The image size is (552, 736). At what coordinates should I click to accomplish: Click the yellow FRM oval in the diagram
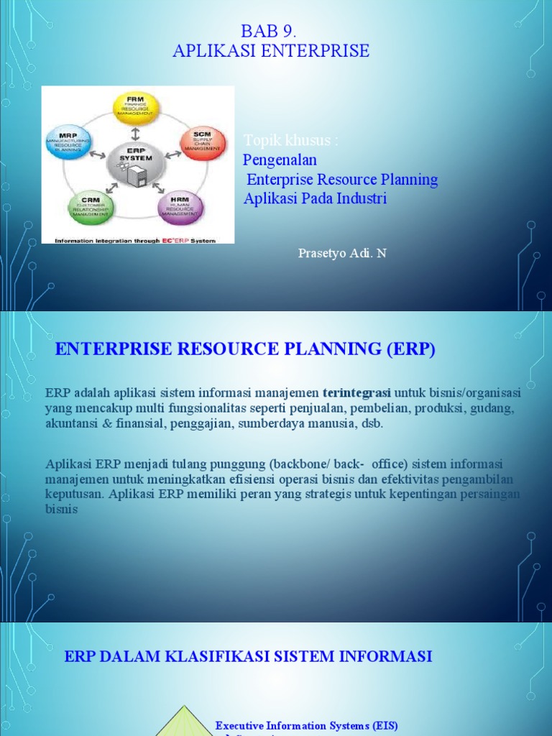tap(137, 108)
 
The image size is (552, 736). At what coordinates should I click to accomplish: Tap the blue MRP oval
tap(70, 144)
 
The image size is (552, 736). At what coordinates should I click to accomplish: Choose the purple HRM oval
tap(180, 207)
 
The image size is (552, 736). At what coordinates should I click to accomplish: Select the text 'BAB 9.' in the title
tap(270, 32)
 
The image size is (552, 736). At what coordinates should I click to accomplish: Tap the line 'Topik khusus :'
tap(290, 140)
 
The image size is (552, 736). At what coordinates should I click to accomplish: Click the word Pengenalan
tap(280, 160)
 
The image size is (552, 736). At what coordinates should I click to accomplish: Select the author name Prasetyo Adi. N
tap(341, 254)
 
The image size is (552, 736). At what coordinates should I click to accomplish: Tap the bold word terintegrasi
tap(356, 393)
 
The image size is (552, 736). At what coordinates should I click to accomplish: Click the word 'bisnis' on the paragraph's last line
tap(61, 509)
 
